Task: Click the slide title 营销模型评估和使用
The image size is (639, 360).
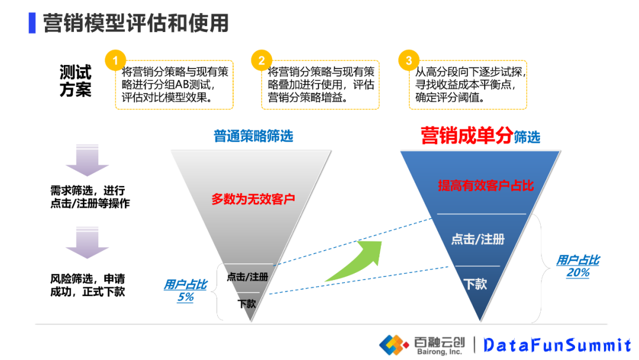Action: pyautogui.click(x=135, y=23)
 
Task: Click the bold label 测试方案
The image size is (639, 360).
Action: pyautogui.click(x=75, y=81)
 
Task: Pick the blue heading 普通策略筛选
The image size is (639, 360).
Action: pyautogui.click(x=253, y=136)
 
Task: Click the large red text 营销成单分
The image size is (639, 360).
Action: pyautogui.click(x=466, y=136)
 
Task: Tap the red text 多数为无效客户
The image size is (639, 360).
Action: pyautogui.click(x=253, y=199)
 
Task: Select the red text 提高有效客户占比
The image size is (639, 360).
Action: pyautogui.click(x=485, y=185)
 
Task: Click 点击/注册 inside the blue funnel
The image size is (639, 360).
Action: pyautogui.click(x=477, y=239)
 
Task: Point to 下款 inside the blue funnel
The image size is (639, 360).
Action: pyautogui.click(x=475, y=284)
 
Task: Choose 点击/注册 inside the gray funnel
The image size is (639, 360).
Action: pyautogui.click(x=247, y=277)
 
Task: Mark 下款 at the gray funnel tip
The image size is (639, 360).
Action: pyautogui.click(x=247, y=304)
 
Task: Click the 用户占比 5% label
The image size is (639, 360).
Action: pyautogui.click(x=185, y=291)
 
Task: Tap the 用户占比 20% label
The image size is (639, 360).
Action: pyautogui.click(x=577, y=266)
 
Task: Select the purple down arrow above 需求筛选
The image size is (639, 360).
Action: pyautogui.click(x=87, y=160)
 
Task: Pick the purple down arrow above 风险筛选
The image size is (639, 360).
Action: pyautogui.click(x=87, y=245)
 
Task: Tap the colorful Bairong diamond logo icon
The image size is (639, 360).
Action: pyautogui.click(x=394, y=343)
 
